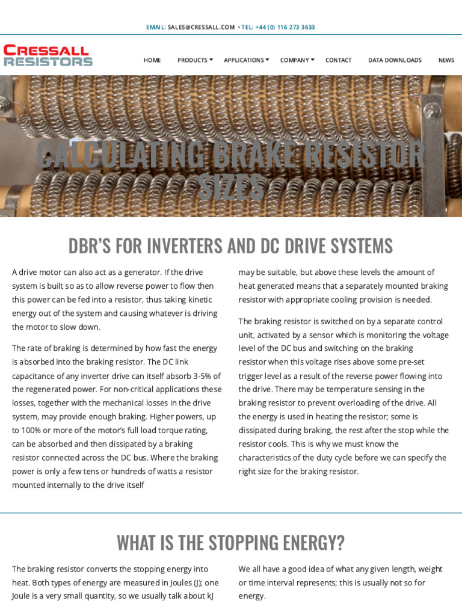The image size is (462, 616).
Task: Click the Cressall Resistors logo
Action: (48, 55)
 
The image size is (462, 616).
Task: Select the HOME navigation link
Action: (152, 60)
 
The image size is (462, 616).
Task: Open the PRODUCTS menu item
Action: (192, 60)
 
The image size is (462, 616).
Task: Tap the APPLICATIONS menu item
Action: (244, 60)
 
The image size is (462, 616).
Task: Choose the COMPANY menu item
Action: (294, 60)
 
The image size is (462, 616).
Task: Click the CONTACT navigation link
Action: (338, 60)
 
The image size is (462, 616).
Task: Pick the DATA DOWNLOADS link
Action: (395, 60)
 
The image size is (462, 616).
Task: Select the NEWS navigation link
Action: (446, 60)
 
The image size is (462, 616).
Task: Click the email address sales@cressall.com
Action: (201, 27)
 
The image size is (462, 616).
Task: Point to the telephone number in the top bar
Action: (285, 27)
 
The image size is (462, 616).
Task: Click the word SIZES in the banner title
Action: (231, 188)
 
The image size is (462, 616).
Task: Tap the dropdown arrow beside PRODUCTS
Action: (211, 60)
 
